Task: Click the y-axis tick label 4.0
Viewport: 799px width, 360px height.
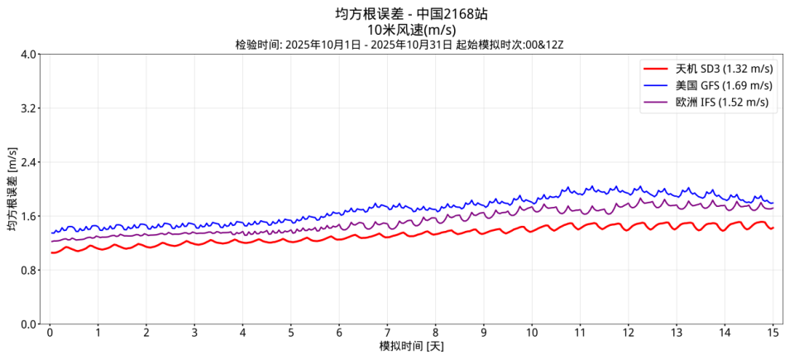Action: click(29, 55)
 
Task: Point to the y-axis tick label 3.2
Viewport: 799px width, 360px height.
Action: click(29, 108)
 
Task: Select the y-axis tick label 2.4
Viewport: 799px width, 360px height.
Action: click(29, 162)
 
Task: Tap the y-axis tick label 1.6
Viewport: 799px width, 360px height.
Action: click(29, 216)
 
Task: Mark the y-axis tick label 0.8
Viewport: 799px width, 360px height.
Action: click(29, 270)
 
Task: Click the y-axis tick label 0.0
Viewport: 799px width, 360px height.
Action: click(29, 324)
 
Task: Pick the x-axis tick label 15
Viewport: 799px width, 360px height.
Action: click(773, 333)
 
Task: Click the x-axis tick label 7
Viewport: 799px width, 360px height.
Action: click(387, 333)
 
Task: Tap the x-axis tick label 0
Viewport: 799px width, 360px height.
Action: click(50, 333)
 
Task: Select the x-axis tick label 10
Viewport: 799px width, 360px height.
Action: click(532, 333)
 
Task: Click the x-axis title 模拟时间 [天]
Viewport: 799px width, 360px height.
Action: click(411, 347)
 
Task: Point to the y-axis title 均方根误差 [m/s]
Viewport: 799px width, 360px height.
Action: click(12, 189)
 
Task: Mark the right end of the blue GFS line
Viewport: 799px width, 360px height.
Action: click(773, 203)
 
